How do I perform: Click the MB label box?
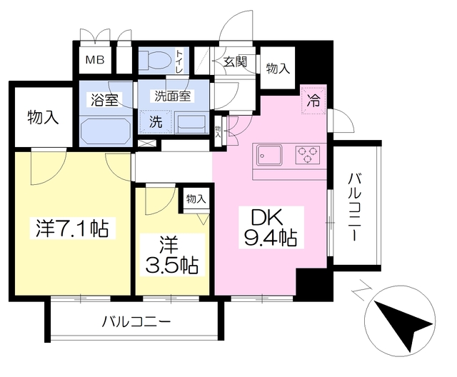[x=96, y=60]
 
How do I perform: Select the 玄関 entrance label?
[x=235, y=61]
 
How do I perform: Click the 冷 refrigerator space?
[x=313, y=100]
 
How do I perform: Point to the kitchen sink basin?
[x=269, y=155]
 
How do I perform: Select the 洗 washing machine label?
[x=155, y=122]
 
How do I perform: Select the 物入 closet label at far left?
[x=42, y=117]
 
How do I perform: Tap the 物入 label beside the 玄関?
[x=278, y=69]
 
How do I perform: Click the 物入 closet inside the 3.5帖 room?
[x=195, y=199]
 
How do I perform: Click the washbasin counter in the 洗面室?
[x=189, y=123]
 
